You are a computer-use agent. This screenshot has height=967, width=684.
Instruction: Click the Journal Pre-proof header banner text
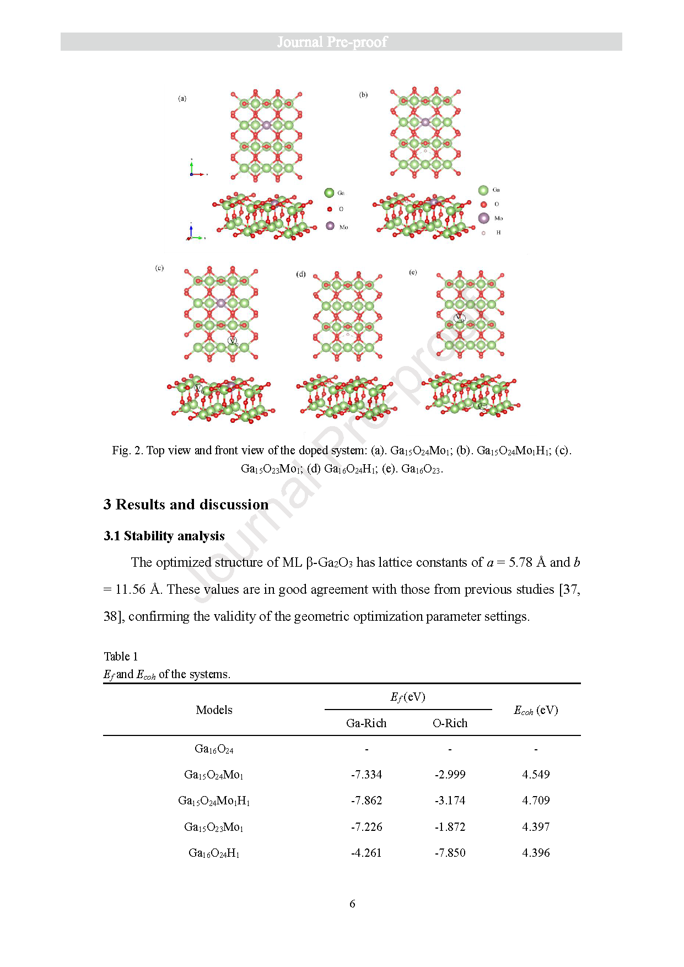pyautogui.click(x=332, y=42)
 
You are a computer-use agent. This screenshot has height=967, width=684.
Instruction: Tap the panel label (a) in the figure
pyautogui.click(x=182, y=99)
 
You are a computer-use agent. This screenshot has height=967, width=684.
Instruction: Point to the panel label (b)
pyautogui.click(x=363, y=95)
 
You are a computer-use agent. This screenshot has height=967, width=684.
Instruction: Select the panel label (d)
pyautogui.click(x=301, y=274)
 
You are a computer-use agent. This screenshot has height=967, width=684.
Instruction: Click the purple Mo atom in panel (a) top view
pyautogui.click(x=266, y=125)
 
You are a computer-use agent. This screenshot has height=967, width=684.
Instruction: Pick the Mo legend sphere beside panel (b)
pyautogui.click(x=484, y=218)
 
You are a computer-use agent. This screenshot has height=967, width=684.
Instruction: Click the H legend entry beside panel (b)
pyautogui.click(x=484, y=233)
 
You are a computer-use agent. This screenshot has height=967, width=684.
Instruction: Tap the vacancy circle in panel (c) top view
pyautogui.click(x=233, y=341)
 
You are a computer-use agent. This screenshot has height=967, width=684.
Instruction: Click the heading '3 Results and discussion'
pyautogui.click(x=186, y=504)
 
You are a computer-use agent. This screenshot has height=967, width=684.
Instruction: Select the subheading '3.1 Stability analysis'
pyautogui.click(x=164, y=536)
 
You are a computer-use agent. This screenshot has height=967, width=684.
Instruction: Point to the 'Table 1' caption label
pyautogui.click(x=121, y=656)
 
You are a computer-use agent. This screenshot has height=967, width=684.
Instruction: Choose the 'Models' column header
pyautogui.click(x=214, y=710)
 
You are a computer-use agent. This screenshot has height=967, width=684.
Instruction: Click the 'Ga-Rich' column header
pyautogui.click(x=366, y=723)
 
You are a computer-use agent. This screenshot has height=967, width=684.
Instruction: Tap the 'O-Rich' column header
pyautogui.click(x=450, y=723)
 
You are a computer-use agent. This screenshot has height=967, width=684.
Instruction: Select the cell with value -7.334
pyautogui.click(x=367, y=775)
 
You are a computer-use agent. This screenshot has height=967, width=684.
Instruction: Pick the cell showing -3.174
pyautogui.click(x=450, y=801)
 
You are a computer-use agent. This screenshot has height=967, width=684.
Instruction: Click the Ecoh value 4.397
pyautogui.click(x=536, y=827)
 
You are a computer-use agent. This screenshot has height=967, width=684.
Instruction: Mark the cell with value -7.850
pyautogui.click(x=450, y=853)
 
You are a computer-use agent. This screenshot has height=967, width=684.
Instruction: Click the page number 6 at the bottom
pyautogui.click(x=352, y=904)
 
